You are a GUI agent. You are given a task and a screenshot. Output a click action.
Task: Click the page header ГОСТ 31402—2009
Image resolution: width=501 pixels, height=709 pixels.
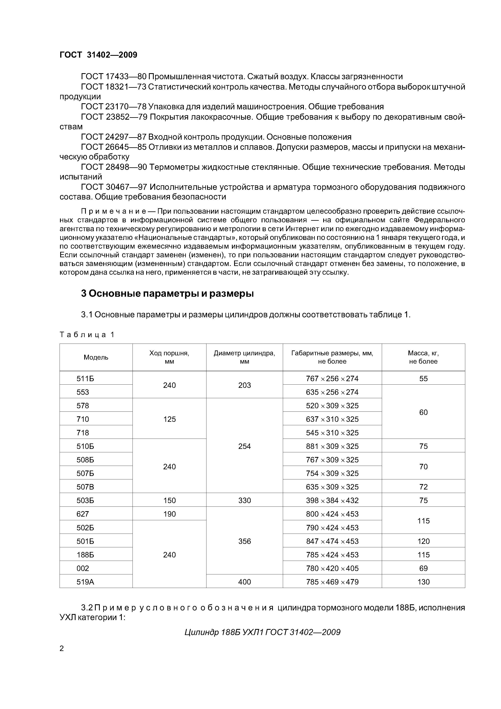click(x=98, y=55)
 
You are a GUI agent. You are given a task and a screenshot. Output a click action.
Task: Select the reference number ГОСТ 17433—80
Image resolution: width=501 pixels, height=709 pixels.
click(x=113, y=77)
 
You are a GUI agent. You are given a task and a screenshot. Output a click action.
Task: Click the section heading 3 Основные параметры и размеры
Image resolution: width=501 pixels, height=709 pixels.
click(x=167, y=293)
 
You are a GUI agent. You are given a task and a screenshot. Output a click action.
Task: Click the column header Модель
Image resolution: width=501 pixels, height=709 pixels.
click(x=96, y=358)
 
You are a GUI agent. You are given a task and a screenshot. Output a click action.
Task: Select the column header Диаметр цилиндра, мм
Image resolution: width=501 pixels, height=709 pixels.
click(x=244, y=357)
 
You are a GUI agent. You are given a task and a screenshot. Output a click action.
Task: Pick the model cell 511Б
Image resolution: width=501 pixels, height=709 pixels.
click(x=85, y=379)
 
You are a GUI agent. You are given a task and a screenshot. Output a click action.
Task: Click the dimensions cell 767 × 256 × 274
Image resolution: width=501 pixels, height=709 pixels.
click(x=332, y=379)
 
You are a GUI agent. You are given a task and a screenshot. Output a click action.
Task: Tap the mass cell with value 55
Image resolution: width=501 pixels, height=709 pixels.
click(x=423, y=379)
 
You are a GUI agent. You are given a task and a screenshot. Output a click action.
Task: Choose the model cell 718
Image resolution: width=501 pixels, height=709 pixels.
click(x=83, y=433)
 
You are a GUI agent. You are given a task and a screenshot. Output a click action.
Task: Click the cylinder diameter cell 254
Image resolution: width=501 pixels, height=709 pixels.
click(x=244, y=446)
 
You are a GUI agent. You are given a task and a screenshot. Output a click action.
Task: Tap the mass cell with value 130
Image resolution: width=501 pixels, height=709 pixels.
click(x=423, y=582)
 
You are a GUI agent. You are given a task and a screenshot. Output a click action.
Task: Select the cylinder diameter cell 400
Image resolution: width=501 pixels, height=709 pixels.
click(x=244, y=582)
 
